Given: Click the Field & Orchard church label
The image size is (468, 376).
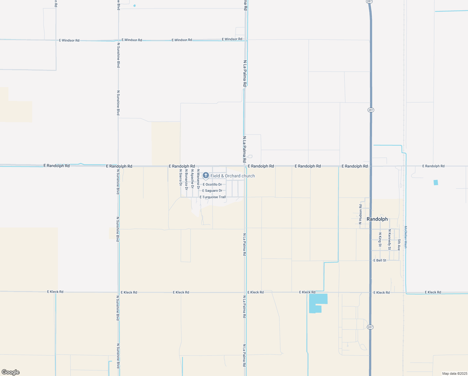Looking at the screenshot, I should pyautogui.click(x=232, y=176).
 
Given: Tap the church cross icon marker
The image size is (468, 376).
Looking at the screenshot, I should pyautogui.click(x=206, y=175).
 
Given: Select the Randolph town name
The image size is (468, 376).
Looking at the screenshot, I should pyautogui.click(x=377, y=219).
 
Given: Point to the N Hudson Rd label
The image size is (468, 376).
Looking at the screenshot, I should pyautogui.click(x=360, y=214).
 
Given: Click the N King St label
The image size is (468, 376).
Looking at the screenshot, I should pyautogui.click(x=380, y=239).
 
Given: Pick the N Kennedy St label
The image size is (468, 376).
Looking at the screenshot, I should pyautogui.click(x=389, y=239).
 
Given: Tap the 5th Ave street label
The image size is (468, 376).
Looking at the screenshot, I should pyautogui.click(x=399, y=244).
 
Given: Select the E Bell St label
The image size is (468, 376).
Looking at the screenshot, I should pyautogui.click(x=380, y=260).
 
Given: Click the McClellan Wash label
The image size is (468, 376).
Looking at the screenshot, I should pyautogui.click(x=406, y=237).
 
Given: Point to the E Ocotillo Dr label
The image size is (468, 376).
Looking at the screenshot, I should pyautogui.click(x=212, y=185).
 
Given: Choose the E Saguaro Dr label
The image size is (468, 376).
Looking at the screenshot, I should pyautogui.click(x=212, y=191).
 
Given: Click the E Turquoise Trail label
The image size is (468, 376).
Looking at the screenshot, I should pyautogui.click(x=213, y=197).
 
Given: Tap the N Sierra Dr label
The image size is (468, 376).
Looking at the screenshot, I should pyautogui.click(x=181, y=178).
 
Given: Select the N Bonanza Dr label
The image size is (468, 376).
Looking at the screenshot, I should pyautogui.click(x=186, y=180).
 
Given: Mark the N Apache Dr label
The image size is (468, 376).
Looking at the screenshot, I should pyautogui.click(x=192, y=179).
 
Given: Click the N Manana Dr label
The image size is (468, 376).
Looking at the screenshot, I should pyautogui.click(x=198, y=179).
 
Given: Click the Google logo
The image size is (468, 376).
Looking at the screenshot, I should pyautogui.click(x=11, y=372).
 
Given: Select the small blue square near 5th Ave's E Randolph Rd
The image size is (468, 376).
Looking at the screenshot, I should pyautogui.click(x=436, y=182).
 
